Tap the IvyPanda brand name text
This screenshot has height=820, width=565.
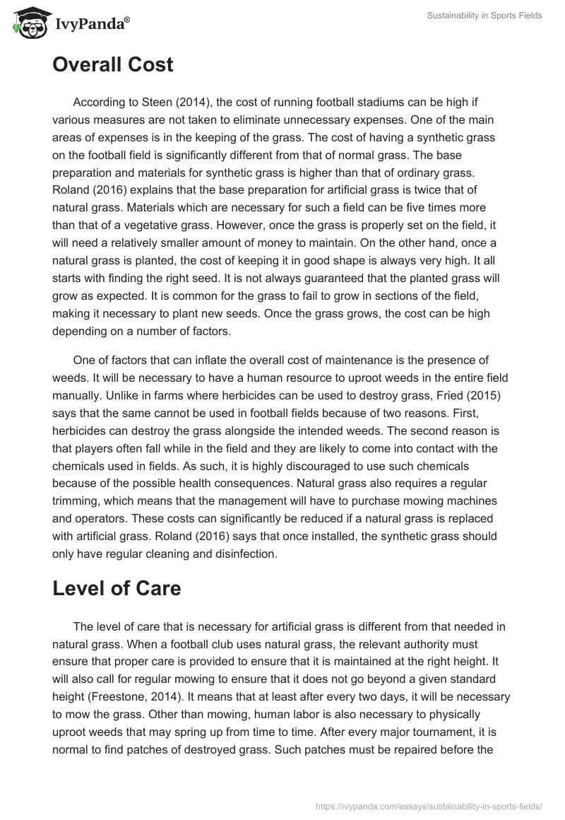pyautogui.click(x=91, y=25)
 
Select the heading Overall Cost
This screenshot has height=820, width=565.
pyautogui.click(x=112, y=64)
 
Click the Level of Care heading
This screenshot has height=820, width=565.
pyautogui.click(x=117, y=589)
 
